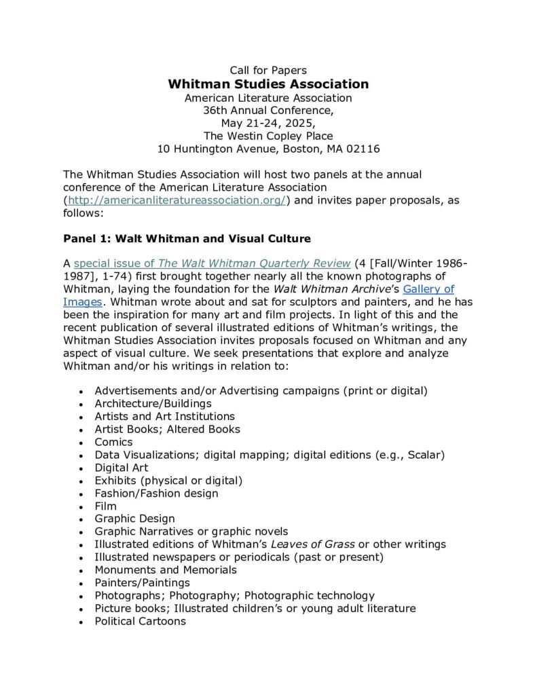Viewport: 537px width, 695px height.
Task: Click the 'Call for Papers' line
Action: (268, 70)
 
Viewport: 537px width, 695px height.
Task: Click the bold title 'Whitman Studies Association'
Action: (268, 84)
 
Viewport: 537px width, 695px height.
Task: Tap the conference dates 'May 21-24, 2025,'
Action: (268, 123)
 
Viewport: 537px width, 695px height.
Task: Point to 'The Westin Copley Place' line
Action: (268, 136)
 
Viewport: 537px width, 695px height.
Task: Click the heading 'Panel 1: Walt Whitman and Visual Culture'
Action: (187, 238)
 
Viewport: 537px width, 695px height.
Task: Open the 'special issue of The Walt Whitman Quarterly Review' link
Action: (212, 263)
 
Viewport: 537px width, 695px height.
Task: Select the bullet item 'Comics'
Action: (113, 442)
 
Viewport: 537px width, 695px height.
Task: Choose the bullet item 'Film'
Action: (105, 506)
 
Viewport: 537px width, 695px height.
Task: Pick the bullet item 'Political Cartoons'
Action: (140, 621)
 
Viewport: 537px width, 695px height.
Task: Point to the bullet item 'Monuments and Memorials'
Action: (166, 569)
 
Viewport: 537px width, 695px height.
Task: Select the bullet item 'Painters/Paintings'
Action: (142, 582)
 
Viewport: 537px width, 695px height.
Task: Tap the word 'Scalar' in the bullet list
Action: (424, 455)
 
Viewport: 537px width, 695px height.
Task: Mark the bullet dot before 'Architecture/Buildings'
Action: (81, 405)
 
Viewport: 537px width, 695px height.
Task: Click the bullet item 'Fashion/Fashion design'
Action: (156, 493)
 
